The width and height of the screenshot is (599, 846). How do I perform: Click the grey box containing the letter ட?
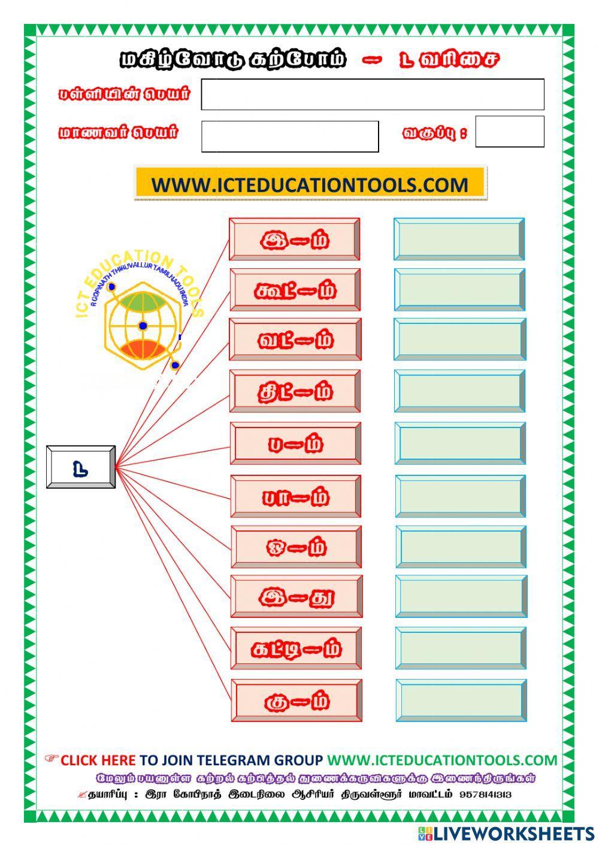(81, 467)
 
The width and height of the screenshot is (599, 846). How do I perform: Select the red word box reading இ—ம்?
(295, 239)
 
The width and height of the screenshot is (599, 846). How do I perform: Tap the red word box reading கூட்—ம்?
(295, 290)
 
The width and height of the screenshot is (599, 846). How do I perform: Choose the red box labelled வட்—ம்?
(296, 339)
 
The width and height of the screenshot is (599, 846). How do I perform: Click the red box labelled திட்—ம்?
(296, 391)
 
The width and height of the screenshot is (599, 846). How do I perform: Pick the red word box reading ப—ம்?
(296, 443)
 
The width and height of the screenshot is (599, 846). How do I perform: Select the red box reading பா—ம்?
(296, 496)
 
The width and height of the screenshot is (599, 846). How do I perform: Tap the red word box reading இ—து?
(297, 596)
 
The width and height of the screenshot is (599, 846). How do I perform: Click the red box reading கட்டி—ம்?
(297, 648)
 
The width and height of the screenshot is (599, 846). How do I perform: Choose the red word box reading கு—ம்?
(297, 700)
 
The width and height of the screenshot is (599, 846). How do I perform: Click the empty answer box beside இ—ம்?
(459, 239)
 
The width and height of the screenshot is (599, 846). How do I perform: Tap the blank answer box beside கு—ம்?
(461, 700)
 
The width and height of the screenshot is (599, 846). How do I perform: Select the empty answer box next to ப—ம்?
(460, 443)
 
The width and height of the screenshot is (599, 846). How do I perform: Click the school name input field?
(373, 95)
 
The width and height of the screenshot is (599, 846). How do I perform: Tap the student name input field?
(290, 137)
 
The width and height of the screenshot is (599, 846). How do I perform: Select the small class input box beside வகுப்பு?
(510, 132)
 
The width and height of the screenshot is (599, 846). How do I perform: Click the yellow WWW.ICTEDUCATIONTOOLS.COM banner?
(310, 184)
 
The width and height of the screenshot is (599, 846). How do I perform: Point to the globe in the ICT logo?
(143, 325)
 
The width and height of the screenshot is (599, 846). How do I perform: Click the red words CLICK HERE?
(98, 760)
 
